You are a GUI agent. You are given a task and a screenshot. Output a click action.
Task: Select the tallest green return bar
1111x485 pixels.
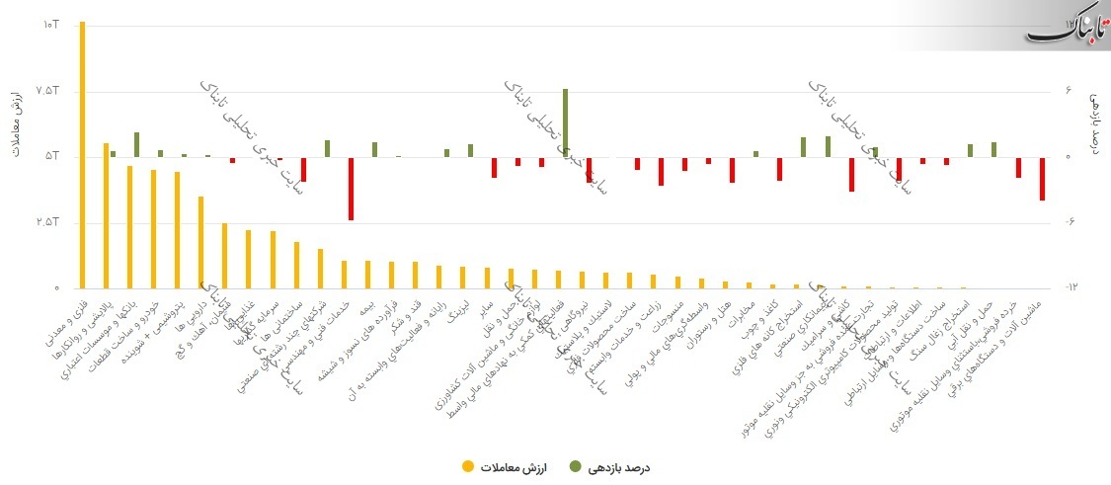pyautogui.click(x=565, y=122)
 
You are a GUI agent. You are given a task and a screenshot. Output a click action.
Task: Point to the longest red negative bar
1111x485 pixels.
pyautogui.click(x=351, y=189)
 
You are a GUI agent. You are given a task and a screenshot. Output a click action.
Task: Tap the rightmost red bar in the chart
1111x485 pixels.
pyautogui.click(x=1042, y=179)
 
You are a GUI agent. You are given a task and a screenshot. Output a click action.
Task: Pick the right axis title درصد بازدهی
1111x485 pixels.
pyautogui.click(x=1094, y=123)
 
